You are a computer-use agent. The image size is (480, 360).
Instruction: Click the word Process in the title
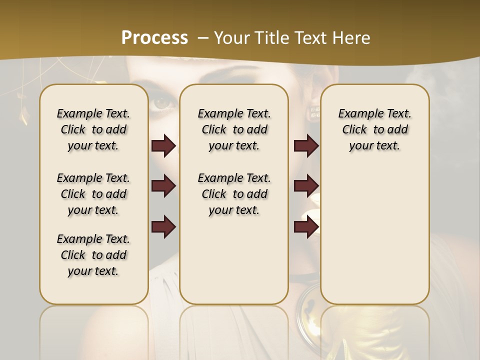click(154, 37)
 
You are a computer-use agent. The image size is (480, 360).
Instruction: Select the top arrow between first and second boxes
click(163, 146)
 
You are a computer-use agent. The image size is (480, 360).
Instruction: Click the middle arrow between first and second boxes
click(163, 186)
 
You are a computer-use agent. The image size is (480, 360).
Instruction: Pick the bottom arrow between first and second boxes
click(163, 227)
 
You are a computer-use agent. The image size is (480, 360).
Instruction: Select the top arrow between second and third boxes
click(306, 146)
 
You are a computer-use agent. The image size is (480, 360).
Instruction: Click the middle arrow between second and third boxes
click(306, 186)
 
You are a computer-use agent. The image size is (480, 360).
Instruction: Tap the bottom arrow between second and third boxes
click(306, 227)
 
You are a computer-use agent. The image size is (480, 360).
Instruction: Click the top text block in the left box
click(93, 129)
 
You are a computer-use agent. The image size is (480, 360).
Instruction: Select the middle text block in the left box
click(93, 194)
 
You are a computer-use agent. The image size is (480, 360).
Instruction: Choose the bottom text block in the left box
click(93, 255)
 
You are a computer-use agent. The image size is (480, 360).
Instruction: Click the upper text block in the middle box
click(234, 129)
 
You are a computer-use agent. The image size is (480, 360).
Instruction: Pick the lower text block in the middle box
click(234, 194)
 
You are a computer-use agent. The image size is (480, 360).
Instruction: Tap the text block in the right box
click(374, 129)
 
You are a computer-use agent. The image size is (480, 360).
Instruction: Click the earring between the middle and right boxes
click(315, 112)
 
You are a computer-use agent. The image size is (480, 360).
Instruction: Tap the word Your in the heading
click(231, 37)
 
